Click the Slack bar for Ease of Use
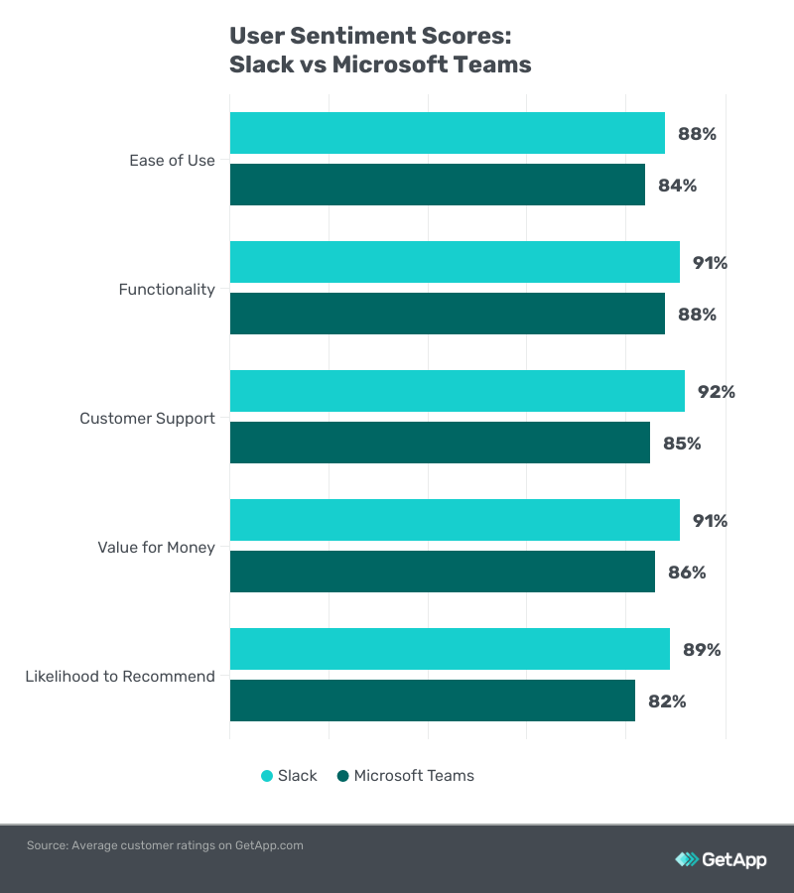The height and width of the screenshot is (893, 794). (447, 133)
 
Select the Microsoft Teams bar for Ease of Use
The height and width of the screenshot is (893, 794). (437, 185)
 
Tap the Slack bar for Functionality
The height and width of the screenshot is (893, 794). (455, 262)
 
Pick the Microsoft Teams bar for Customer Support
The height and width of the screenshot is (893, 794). (440, 443)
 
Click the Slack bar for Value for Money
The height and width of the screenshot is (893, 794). (455, 520)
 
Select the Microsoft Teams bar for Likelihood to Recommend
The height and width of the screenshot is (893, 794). (432, 701)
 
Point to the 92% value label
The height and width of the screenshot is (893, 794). (716, 392)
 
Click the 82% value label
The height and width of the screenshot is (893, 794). (667, 702)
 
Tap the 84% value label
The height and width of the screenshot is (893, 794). (678, 186)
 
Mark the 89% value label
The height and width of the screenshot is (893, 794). (702, 650)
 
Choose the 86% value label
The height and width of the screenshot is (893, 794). (687, 573)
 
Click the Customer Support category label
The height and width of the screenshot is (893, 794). (147, 419)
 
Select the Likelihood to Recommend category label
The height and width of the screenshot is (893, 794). (120, 677)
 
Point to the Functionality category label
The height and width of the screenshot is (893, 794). (167, 290)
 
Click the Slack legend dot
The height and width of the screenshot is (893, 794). (266, 776)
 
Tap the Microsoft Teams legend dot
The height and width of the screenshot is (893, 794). (342, 776)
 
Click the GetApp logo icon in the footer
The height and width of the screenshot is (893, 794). (686, 859)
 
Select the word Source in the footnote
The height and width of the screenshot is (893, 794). (46, 845)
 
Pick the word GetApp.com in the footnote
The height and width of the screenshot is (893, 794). (269, 845)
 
